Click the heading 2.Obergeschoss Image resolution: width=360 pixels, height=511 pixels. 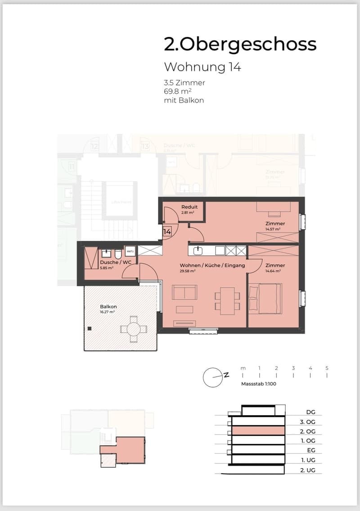click(x=240, y=45)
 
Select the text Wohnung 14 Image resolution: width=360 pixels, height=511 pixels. click(x=202, y=67)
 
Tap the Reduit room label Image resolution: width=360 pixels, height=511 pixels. click(x=189, y=207)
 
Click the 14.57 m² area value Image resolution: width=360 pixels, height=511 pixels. click(x=273, y=229)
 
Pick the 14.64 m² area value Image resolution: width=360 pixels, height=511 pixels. click(x=273, y=271)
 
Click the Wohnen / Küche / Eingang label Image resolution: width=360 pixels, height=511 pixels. click(x=212, y=265)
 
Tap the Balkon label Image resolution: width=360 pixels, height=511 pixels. click(x=108, y=307)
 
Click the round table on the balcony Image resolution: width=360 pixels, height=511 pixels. click(x=134, y=330)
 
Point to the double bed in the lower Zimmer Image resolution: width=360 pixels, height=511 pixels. click(x=265, y=298)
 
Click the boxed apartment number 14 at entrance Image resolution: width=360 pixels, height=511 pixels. click(x=167, y=232)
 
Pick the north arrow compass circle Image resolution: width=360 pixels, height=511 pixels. click(x=212, y=378)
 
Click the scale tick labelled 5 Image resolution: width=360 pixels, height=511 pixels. click(x=327, y=368)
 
